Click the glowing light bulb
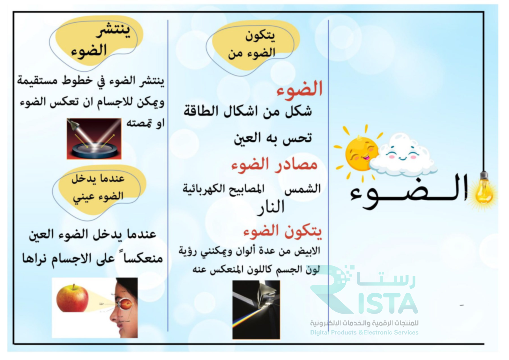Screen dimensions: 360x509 (484, 191)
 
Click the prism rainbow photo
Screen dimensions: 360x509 (256, 310)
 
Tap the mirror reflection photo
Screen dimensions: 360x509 (94, 139)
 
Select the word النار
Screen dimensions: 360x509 (271, 207)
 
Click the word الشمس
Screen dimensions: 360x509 (303, 189)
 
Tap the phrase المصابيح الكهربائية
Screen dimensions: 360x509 (223, 189)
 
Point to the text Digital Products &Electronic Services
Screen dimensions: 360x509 (364, 333)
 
